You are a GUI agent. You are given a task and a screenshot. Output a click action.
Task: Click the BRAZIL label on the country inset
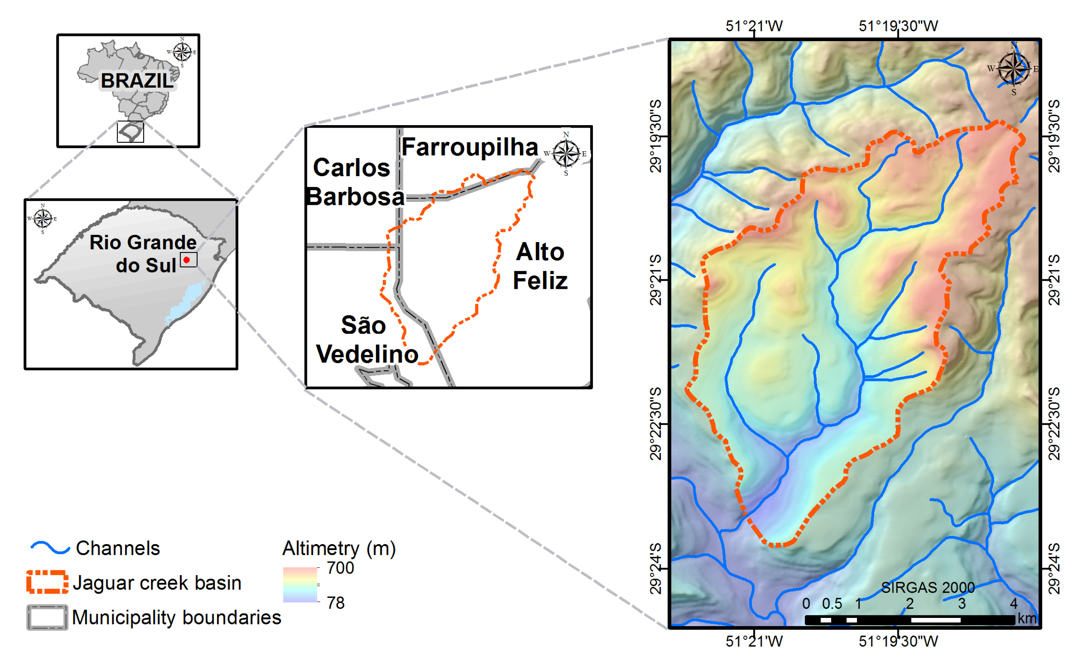[x=137, y=81]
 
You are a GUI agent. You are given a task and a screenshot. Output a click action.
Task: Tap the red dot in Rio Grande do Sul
[x=186, y=260]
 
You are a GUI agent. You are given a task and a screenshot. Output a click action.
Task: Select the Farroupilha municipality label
[x=469, y=147]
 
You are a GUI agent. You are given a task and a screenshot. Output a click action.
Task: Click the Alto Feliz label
[x=540, y=266]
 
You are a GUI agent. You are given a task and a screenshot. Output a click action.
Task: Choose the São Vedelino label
[x=366, y=340]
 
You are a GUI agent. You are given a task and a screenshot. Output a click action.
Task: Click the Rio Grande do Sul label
[x=144, y=254]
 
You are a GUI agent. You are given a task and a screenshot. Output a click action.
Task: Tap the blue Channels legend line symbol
[x=50, y=548]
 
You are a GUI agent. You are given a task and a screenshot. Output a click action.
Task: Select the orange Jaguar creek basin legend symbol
[x=47, y=582]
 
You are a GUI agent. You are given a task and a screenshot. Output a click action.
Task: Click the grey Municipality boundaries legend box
[x=47, y=617]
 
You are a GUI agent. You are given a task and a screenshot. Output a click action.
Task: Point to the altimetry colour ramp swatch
[x=300, y=584]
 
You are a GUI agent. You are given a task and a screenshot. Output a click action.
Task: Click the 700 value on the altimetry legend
[x=340, y=568]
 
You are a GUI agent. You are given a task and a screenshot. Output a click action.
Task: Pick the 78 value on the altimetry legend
[x=336, y=603]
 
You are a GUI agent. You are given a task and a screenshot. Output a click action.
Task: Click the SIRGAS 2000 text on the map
[x=928, y=587]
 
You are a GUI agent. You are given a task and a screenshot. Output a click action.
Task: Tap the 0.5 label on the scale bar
[x=832, y=604]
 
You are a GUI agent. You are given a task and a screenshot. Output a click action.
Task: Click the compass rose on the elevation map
[x=1013, y=69]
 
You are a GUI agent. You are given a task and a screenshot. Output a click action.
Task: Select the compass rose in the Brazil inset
[x=182, y=52]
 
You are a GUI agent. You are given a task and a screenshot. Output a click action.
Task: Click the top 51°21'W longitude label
[x=754, y=26]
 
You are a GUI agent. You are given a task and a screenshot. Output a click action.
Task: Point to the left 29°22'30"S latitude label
[x=655, y=424]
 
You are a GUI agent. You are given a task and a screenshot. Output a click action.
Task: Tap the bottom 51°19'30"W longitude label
[x=898, y=641]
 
